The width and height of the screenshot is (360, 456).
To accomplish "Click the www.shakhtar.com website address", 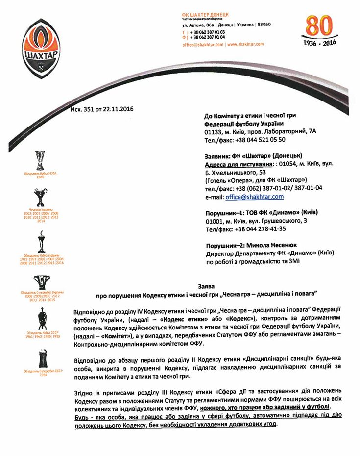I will coord(245,44).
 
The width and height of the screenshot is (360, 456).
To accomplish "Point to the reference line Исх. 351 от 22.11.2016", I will coord(102,109).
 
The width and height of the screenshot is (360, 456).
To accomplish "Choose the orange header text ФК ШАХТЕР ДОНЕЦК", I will coord(205,15).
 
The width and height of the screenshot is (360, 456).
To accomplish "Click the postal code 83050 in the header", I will coord(264,24).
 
